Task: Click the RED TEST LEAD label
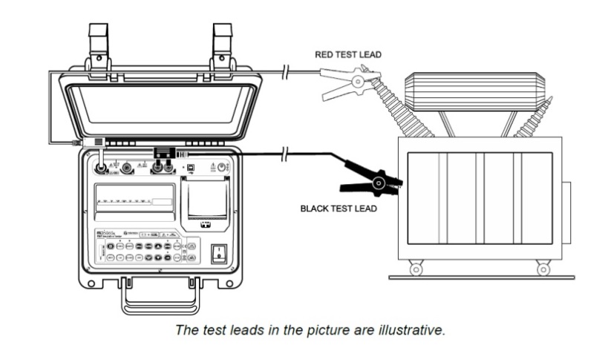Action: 347,54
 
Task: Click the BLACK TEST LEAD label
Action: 338,209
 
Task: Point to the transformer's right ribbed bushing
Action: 535,119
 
